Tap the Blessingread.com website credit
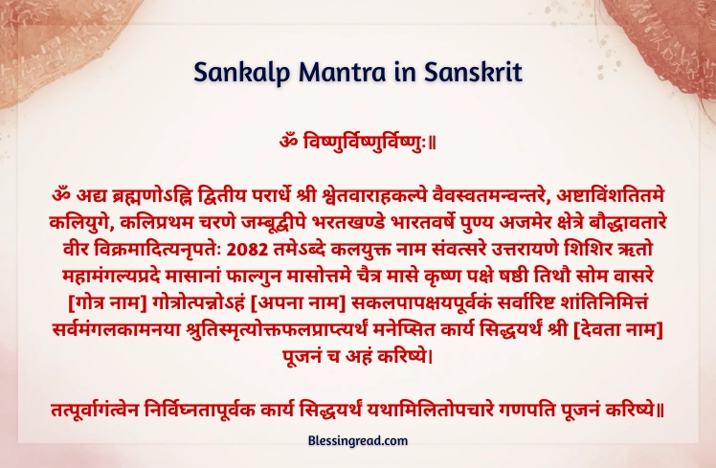click(358, 440)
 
